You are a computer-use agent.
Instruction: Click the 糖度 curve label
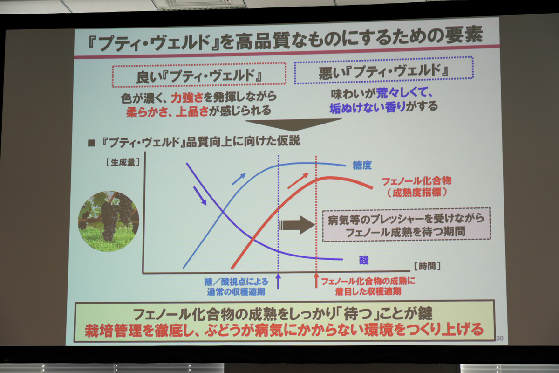[x=362, y=166]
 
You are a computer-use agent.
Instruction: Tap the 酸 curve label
[x=364, y=260]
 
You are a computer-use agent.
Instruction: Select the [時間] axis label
[x=427, y=266]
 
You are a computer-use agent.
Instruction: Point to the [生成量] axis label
[x=123, y=162]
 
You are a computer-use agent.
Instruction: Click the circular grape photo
[x=108, y=221]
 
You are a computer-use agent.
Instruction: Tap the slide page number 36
[x=500, y=338]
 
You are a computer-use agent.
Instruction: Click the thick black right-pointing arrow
[x=297, y=225]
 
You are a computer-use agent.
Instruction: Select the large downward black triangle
[x=293, y=124]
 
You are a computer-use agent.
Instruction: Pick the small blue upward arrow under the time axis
[x=278, y=281]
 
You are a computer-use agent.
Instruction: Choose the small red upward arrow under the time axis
[x=316, y=280]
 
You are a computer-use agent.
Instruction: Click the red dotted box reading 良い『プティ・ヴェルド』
[x=199, y=75]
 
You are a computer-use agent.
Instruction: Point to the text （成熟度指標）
[x=417, y=193]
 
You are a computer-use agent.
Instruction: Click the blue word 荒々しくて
[x=404, y=93]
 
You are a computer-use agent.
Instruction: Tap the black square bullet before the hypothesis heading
[x=92, y=143]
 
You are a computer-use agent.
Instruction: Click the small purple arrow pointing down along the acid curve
[x=200, y=196]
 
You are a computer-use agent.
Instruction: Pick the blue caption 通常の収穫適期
[x=236, y=292]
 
